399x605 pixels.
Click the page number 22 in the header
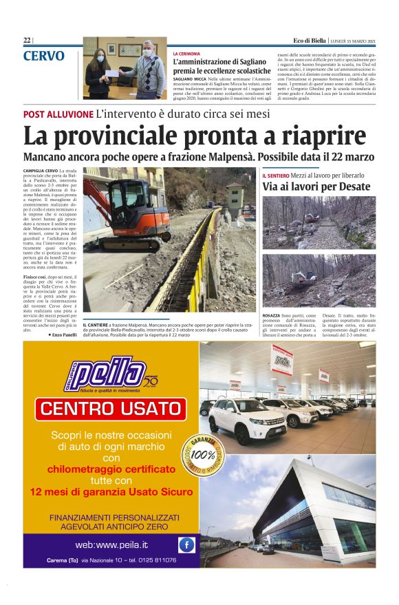(26, 41)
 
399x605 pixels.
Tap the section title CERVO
(43, 56)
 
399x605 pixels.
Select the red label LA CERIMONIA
(186, 53)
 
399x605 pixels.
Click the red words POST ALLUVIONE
(58, 114)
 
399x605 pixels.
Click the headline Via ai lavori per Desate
(316, 187)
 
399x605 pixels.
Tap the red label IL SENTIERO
(275, 176)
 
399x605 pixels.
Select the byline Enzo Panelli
(63, 334)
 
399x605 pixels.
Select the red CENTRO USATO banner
(111, 409)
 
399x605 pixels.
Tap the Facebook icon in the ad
(186, 545)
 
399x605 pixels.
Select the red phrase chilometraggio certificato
(111, 469)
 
